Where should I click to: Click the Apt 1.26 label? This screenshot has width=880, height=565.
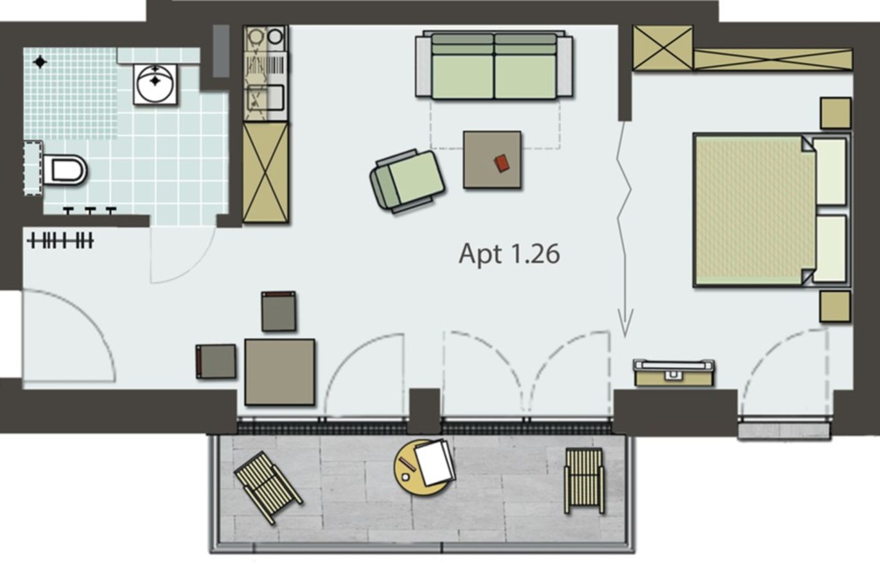tap(509, 254)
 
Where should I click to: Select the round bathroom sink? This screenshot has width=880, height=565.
tap(155, 84)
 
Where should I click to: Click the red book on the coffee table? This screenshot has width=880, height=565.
tap(502, 163)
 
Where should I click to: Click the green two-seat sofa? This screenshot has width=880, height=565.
tap(494, 65)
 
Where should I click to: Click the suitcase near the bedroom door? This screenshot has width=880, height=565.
tap(674, 372)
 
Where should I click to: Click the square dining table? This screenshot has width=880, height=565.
tap(279, 372)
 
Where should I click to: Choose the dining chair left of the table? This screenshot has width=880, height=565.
tap(216, 361)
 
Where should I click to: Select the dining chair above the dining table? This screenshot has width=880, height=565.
tap(279, 311)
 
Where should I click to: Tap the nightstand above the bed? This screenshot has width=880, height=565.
tap(836, 113)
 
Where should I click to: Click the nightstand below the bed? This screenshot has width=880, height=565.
tap(835, 306)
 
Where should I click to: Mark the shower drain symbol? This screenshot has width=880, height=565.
tap(40, 62)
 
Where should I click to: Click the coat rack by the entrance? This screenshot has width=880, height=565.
tap(60, 240)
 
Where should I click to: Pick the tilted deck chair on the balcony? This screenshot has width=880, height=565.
tap(268, 488)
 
